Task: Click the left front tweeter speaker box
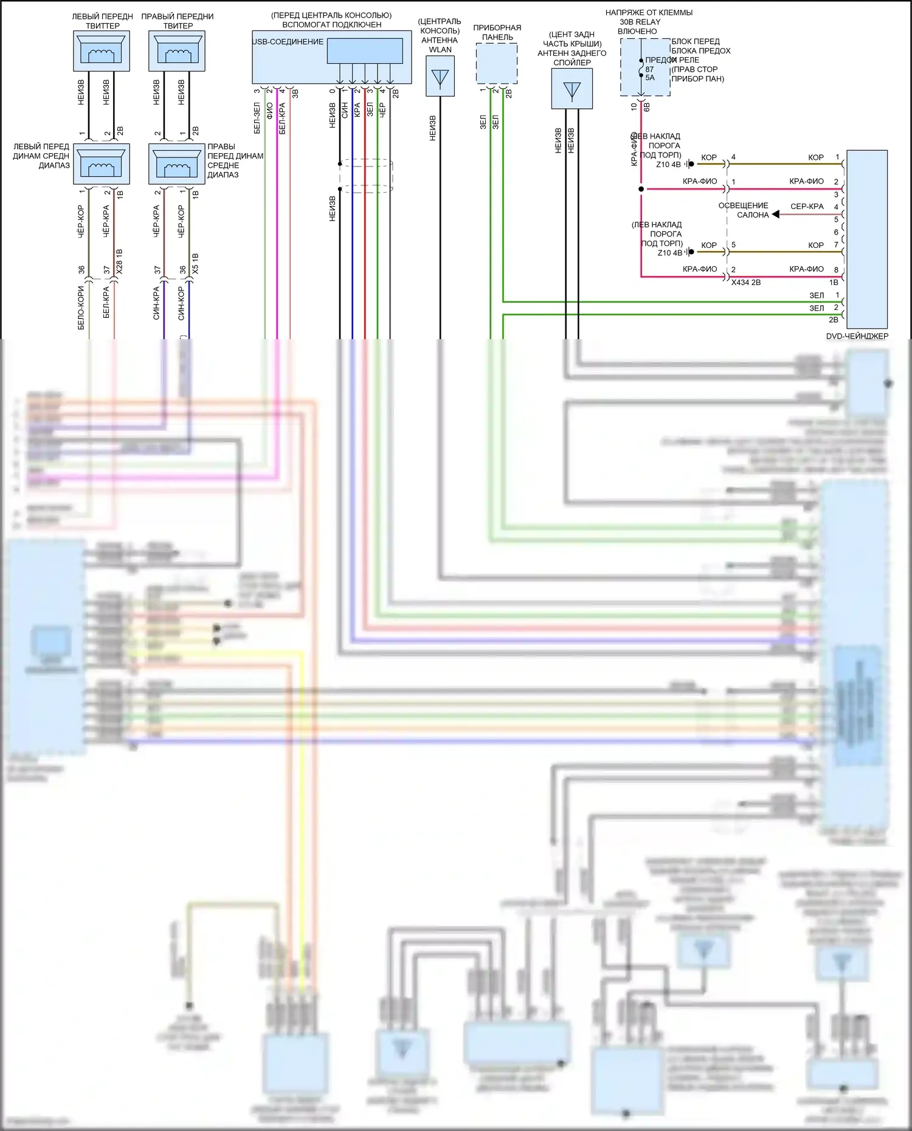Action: click(101, 51)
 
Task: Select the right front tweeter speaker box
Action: click(177, 51)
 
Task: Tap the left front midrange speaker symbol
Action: click(101, 164)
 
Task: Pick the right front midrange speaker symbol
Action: click(177, 164)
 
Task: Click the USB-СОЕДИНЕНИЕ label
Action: click(288, 42)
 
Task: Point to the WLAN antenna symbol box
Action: click(440, 77)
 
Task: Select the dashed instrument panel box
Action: click(497, 63)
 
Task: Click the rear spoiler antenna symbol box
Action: click(572, 89)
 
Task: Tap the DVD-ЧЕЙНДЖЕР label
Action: click(857, 336)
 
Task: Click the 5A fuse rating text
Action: click(650, 78)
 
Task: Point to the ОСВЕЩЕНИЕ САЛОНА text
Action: click(744, 210)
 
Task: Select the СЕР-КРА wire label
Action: click(807, 207)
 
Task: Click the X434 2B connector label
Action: click(746, 283)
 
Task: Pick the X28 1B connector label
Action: click(120, 261)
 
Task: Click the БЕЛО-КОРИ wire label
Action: click(81, 308)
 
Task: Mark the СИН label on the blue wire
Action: click(345, 110)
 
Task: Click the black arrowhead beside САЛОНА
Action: click(776, 215)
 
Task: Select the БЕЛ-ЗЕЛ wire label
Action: click(257, 118)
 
